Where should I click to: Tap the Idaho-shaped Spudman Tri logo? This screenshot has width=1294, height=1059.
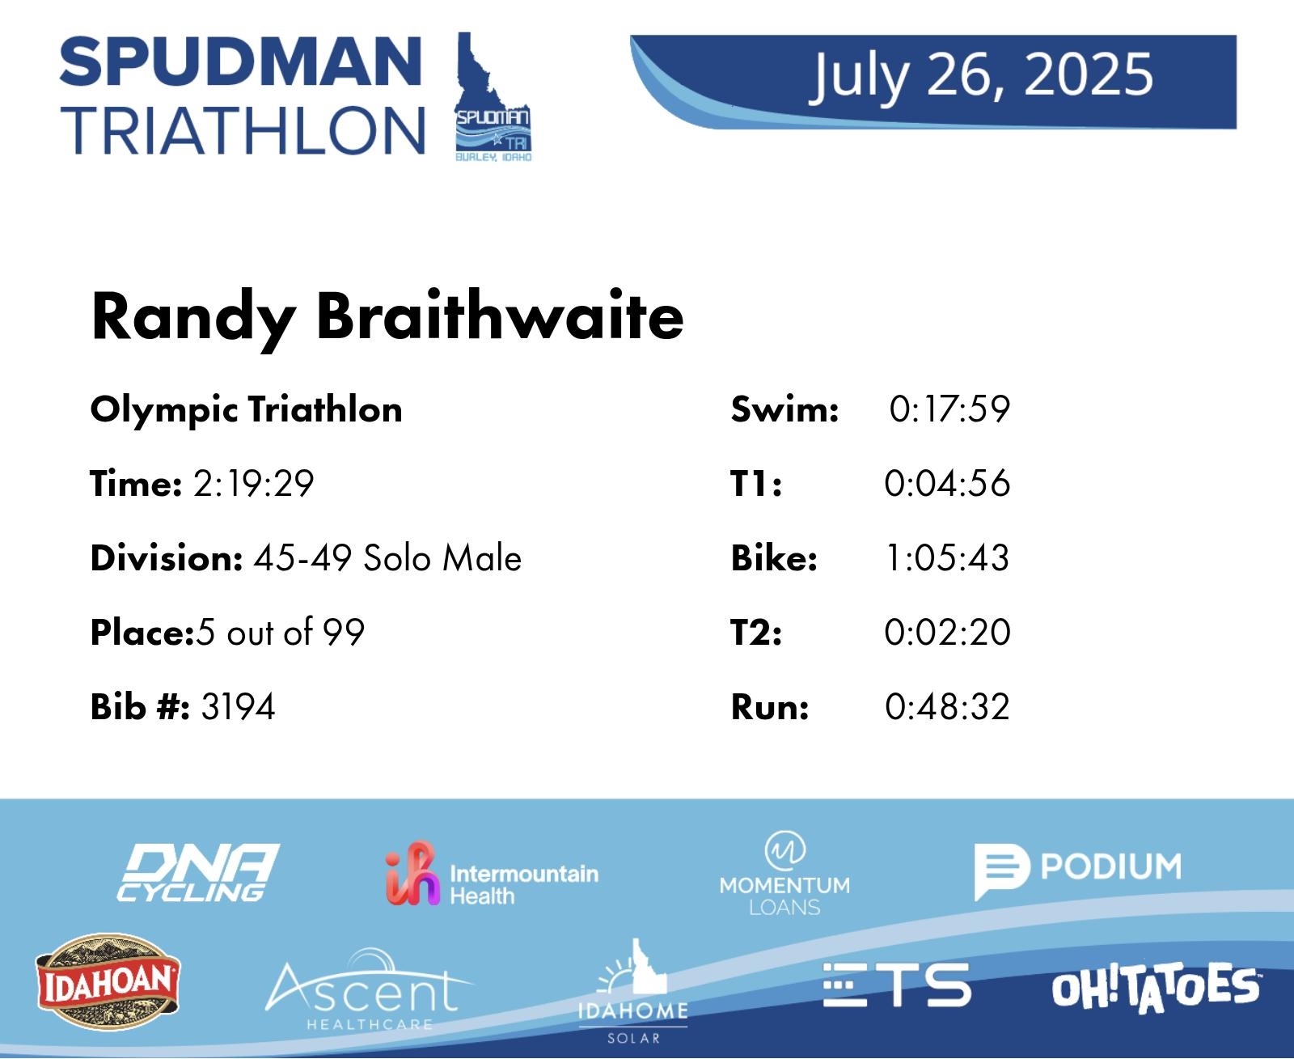(493, 97)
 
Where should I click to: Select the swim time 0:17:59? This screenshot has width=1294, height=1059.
(949, 409)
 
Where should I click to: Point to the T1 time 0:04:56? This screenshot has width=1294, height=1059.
(947, 483)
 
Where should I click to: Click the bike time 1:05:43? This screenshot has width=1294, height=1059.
(947, 557)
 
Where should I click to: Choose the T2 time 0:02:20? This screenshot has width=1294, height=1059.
(947, 632)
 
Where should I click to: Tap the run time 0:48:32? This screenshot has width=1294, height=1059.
(947, 706)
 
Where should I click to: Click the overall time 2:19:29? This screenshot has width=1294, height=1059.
(253, 483)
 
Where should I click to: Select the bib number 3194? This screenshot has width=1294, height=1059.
(238, 706)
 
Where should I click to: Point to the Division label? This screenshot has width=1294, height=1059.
(167, 557)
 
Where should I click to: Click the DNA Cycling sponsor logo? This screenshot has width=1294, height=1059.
(198, 872)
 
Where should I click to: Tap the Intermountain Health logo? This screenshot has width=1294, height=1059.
(492, 874)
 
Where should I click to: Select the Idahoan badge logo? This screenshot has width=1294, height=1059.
(108, 981)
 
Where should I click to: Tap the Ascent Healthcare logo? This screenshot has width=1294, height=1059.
(369, 989)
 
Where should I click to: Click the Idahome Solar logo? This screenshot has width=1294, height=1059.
(633, 992)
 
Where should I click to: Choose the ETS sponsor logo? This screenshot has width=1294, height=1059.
(896, 985)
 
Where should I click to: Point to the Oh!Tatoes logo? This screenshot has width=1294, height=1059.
(1156, 988)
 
